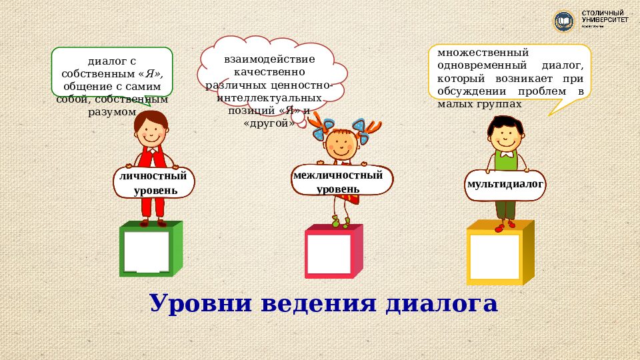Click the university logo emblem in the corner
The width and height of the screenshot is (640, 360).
[x=564, y=22]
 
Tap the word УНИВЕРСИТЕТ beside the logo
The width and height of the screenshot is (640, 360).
[x=605, y=21]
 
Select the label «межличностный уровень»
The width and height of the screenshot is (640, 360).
[x=338, y=181]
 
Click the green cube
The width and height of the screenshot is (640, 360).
[x=151, y=249]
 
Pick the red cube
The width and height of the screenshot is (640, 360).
[x=333, y=253]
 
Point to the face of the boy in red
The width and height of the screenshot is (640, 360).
[x=153, y=129]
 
